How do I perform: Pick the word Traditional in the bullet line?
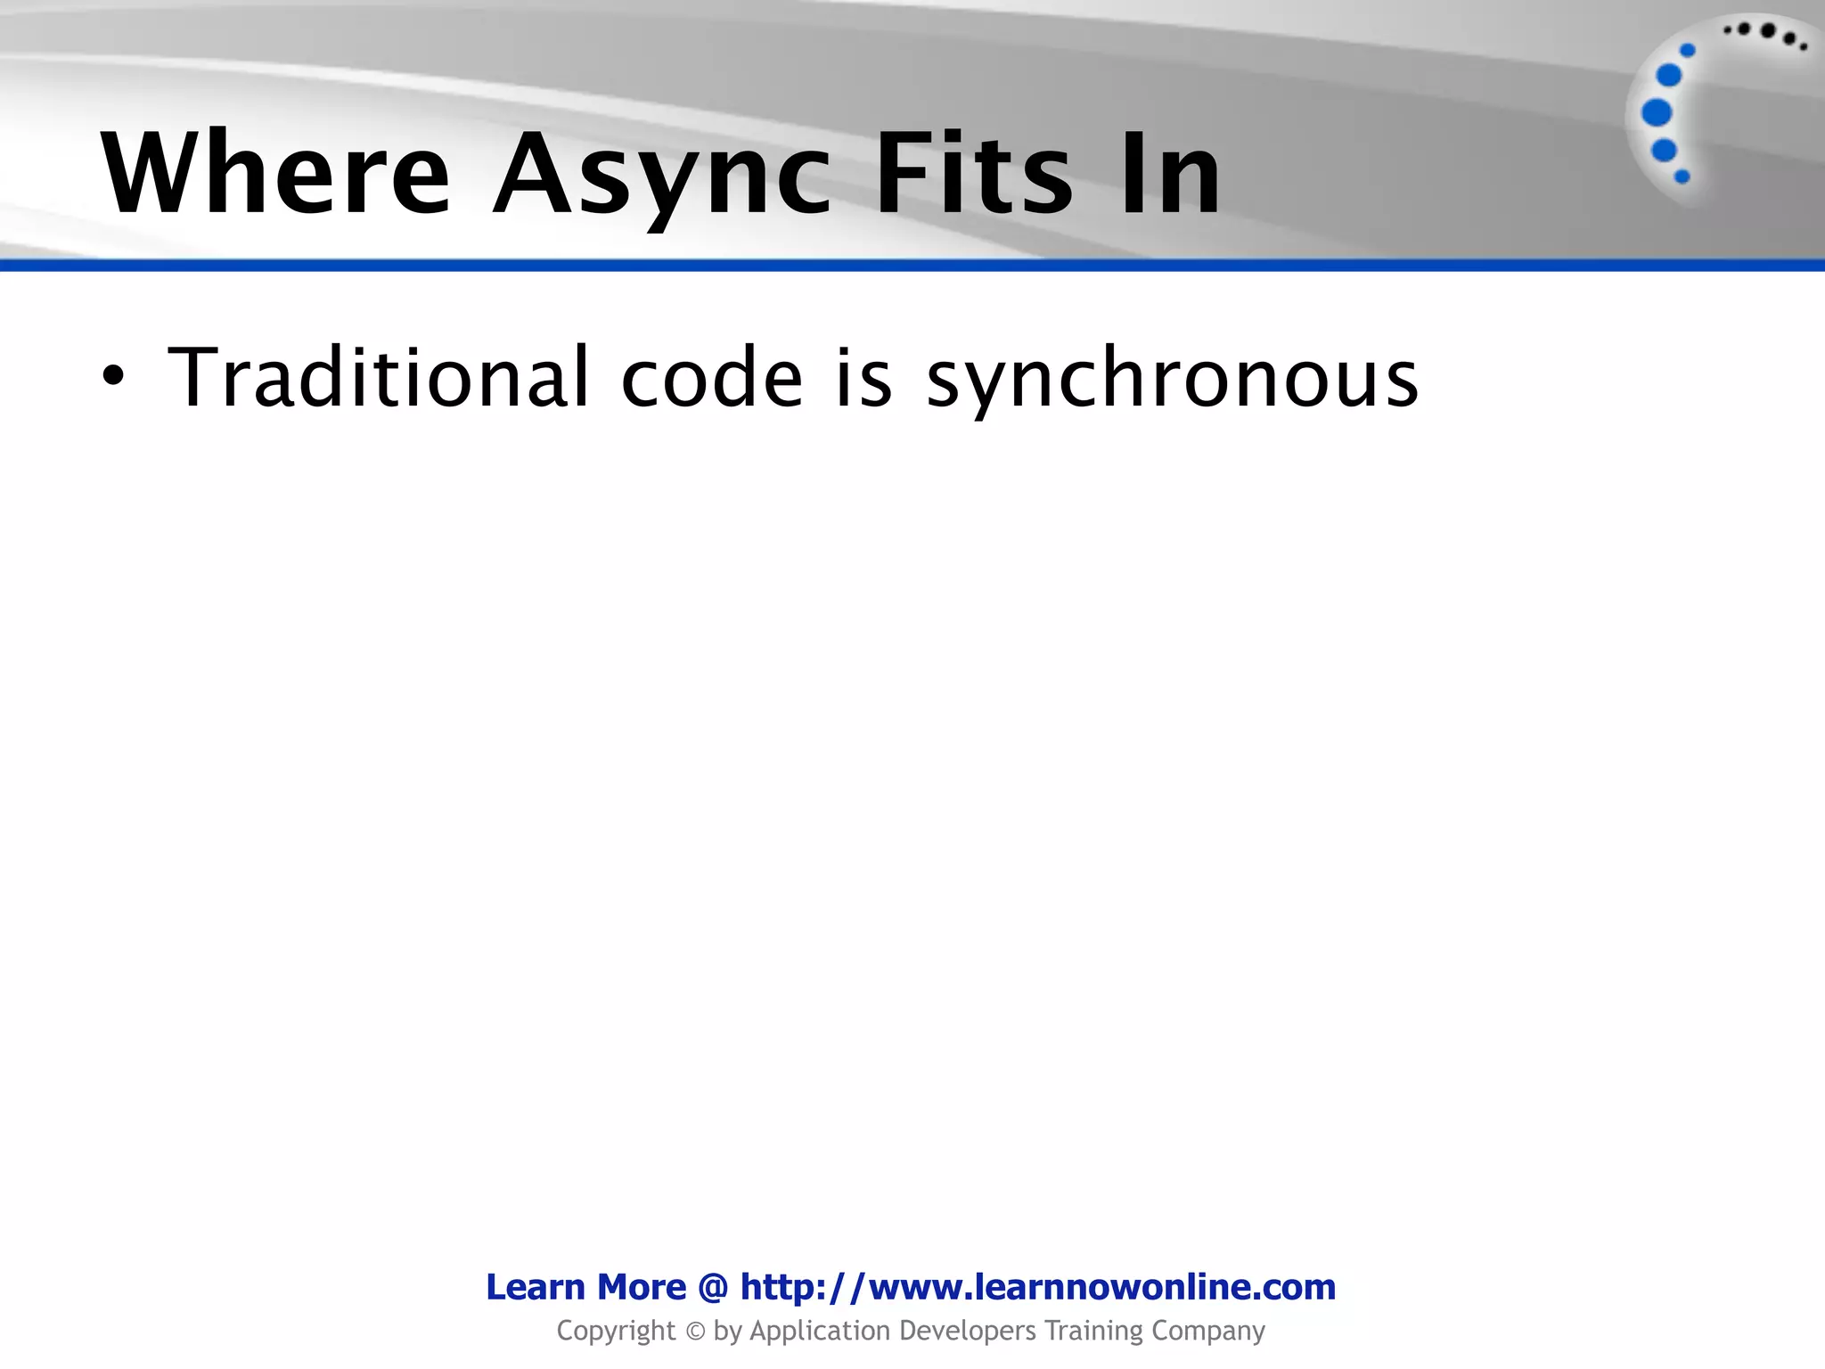379,378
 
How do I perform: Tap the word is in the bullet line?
863,378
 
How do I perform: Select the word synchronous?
1172,381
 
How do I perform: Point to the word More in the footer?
642,1287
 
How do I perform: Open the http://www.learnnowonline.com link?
1038,1287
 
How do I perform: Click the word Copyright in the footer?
616,1332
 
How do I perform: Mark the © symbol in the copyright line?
695,1332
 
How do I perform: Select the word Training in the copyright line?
1093,1332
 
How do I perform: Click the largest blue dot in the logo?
1657,113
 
